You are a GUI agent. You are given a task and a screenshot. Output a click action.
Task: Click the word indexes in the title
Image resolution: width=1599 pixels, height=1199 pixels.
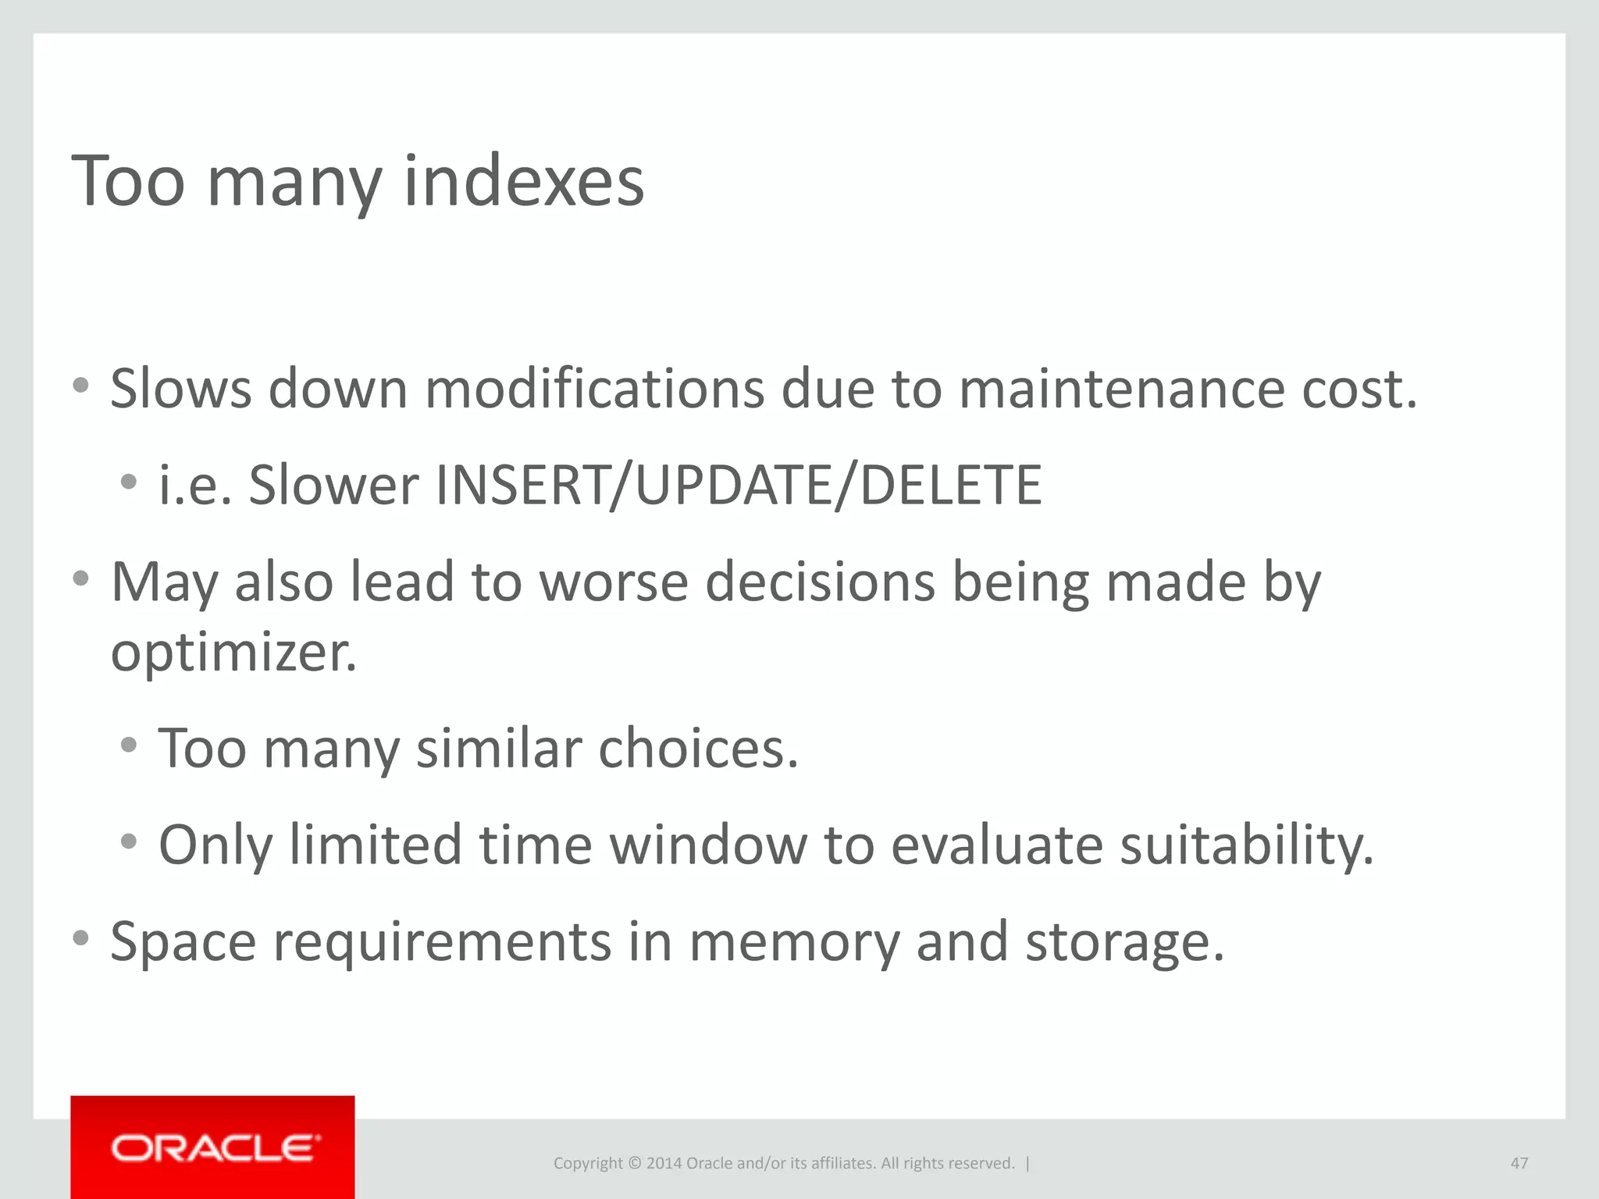pos(523,181)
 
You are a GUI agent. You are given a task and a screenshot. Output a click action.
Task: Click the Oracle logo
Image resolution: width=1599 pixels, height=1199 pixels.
pos(215,1147)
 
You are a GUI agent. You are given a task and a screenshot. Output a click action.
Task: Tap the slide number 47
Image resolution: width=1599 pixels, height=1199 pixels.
pos(1519,1163)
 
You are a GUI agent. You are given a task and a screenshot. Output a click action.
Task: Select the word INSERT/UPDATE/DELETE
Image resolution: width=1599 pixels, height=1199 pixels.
pos(738,486)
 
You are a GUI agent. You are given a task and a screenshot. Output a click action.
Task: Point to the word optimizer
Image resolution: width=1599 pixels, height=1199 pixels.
pos(233,653)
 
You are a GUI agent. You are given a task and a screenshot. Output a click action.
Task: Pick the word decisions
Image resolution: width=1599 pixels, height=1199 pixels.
pos(820,582)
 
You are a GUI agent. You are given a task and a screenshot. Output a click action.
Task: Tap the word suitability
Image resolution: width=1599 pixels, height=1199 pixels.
pos(1246,845)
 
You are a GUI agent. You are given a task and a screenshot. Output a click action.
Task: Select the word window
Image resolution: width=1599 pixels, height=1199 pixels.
pos(708,845)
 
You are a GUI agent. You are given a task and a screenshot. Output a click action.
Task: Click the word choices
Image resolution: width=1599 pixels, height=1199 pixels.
pos(698,749)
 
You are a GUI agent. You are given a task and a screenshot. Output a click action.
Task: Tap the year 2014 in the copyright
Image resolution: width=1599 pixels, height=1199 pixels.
pos(664,1163)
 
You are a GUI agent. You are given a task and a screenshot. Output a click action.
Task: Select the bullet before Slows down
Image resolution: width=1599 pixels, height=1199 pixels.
pos(80,385)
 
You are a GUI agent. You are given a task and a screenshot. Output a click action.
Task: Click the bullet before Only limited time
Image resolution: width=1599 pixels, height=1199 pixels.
pos(129,841)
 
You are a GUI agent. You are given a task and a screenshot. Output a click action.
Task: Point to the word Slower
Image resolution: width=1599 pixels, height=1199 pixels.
pos(333,486)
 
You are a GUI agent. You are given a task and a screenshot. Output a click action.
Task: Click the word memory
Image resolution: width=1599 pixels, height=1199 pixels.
pos(794,942)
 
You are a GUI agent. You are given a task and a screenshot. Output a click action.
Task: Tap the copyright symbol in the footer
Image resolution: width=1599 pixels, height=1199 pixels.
pos(634,1163)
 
